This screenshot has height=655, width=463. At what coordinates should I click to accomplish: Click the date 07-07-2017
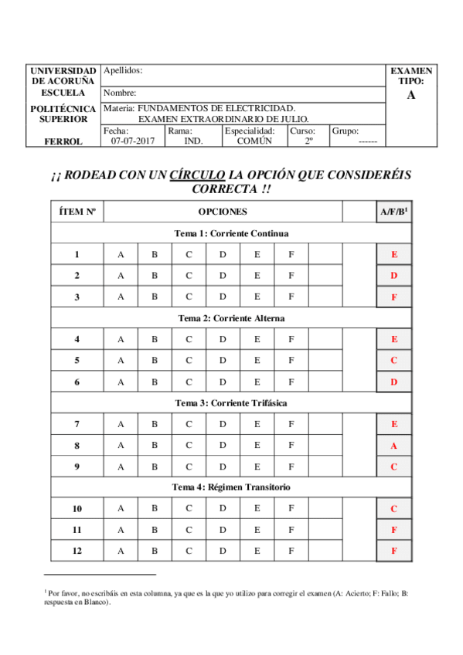click(133, 141)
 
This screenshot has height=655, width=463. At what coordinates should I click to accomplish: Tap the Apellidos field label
click(122, 70)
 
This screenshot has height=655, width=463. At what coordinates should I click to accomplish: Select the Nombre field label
click(119, 93)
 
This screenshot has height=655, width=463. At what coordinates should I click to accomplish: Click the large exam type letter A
click(410, 95)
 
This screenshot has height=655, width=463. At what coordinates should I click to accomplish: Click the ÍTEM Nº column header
click(77, 212)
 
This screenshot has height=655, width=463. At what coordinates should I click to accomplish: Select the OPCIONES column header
click(223, 212)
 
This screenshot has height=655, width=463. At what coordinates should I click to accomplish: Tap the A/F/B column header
click(393, 212)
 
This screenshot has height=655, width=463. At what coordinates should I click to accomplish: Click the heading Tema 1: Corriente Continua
click(232, 233)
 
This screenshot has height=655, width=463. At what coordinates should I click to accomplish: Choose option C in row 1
click(189, 254)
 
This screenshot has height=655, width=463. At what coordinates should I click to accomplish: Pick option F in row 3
click(291, 297)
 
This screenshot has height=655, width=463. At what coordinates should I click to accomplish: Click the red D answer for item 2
click(394, 276)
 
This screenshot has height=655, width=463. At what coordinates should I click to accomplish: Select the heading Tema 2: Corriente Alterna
click(232, 318)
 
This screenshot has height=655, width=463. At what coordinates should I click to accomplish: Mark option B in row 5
click(155, 360)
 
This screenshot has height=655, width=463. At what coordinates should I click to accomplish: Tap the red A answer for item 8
click(394, 446)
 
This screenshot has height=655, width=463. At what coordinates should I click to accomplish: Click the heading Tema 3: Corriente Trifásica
click(232, 403)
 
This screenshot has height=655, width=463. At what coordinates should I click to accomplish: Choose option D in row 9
click(223, 467)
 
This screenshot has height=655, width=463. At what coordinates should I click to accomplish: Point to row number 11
click(77, 530)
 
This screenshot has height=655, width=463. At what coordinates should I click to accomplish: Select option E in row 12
click(257, 551)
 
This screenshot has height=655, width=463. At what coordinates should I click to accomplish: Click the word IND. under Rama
click(193, 141)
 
